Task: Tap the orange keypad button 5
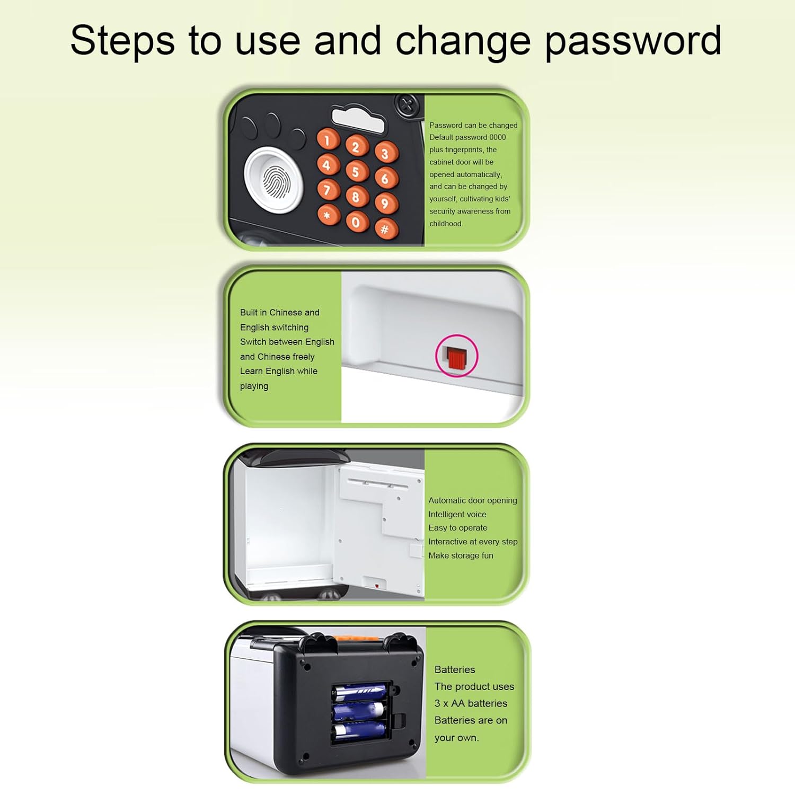click(x=357, y=172)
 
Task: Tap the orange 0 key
click(x=357, y=222)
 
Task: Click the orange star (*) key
click(x=328, y=215)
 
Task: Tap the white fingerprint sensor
click(x=274, y=179)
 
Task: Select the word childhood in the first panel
click(x=446, y=224)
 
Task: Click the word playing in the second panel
click(x=254, y=386)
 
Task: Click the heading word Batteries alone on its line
click(x=455, y=669)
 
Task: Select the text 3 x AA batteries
click(x=471, y=703)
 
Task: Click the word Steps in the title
click(x=122, y=41)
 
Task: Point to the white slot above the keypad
click(x=358, y=120)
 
